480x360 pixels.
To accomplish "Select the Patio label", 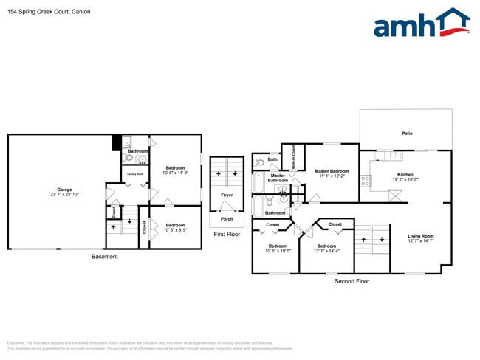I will (x=407, y=134).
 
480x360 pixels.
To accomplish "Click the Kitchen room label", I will (x=405, y=175).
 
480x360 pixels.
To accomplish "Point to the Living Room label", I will (x=420, y=237).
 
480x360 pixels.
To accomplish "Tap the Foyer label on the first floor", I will (x=227, y=195).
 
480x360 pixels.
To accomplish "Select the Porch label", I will (x=227, y=219).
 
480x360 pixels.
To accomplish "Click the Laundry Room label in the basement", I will (x=135, y=175).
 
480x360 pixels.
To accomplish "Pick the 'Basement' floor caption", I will (x=103, y=257).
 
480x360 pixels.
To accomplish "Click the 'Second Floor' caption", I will (x=352, y=281).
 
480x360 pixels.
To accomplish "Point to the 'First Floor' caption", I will (x=227, y=234).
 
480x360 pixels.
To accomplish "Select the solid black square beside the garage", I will (x=117, y=142).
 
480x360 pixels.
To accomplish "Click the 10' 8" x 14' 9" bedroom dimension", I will (x=176, y=173).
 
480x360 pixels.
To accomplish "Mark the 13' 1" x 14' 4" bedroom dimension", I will (x=326, y=251).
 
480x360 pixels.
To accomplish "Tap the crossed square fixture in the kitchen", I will (x=396, y=195).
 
